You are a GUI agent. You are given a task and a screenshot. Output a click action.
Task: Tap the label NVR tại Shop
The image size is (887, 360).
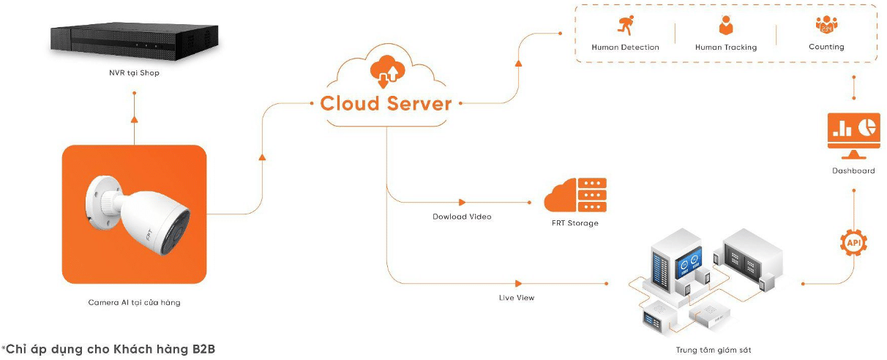pyautogui.click(x=130, y=73)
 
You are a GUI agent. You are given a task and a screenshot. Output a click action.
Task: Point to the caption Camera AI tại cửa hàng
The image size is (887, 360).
pyautogui.click(x=134, y=302)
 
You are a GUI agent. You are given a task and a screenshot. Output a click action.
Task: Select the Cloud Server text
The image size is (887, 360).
pyautogui.click(x=386, y=103)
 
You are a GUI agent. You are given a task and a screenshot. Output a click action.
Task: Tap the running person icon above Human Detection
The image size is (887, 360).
pyautogui.click(x=625, y=26)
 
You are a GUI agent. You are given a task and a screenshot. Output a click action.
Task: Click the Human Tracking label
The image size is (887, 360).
pyautogui.click(x=726, y=48)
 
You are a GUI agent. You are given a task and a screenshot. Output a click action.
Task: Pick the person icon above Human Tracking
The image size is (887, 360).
pyautogui.click(x=726, y=26)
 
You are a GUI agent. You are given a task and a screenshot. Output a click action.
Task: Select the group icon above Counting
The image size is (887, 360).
pyautogui.click(x=826, y=26)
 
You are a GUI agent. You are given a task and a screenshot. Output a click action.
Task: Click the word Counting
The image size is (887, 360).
pyautogui.click(x=826, y=47)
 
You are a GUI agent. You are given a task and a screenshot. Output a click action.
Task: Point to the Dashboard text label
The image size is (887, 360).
pyautogui.click(x=853, y=171)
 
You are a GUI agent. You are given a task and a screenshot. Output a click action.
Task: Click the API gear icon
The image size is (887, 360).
pyautogui.click(x=853, y=241)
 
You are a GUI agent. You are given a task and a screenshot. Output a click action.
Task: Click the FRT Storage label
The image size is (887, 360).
pyautogui.click(x=575, y=223)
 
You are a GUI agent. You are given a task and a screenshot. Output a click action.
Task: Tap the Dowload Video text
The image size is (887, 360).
pyautogui.click(x=461, y=217)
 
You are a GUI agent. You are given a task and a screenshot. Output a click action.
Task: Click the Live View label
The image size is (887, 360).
pyautogui.click(x=517, y=298)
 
